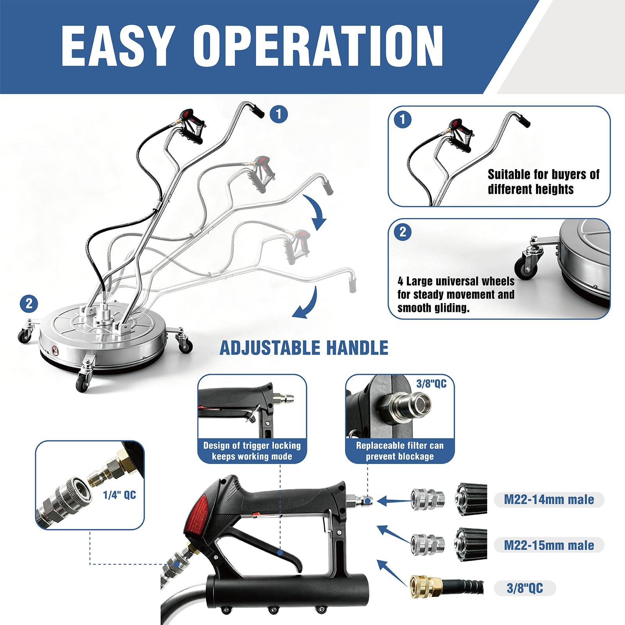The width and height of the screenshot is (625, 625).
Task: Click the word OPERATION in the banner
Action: (x=318, y=46)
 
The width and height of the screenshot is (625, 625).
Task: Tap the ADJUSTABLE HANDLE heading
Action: (x=304, y=348)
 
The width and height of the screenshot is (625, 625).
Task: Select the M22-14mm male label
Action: (x=549, y=500)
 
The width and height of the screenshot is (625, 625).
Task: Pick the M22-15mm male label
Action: (x=549, y=545)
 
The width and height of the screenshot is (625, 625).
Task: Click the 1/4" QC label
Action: (x=120, y=495)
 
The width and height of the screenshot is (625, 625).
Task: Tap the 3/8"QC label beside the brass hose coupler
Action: (x=525, y=588)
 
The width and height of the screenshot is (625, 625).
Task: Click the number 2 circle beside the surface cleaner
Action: (x=29, y=304)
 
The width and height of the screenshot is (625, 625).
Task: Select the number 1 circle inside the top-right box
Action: (x=403, y=119)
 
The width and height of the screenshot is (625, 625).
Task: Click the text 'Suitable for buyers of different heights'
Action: (x=543, y=182)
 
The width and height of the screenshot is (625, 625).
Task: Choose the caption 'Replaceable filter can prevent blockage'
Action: (x=400, y=451)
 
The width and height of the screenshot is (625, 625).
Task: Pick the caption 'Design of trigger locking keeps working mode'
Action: (x=252, y=451)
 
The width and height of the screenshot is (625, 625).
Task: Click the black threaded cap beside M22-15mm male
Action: (x=471, y=545)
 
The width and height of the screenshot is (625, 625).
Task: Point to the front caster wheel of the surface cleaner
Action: (x=83, y=380)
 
